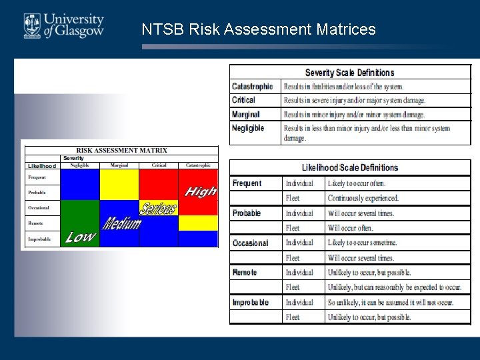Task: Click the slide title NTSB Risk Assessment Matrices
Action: click(x=259, y=30)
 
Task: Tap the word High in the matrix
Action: click(x=200, y=192)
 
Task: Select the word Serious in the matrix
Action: click(x=159, y=208)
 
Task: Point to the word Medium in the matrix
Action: click(x=121, y=223)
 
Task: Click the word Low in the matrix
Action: click(x=80, y=237)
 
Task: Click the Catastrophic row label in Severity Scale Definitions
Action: click(x=252, y=87)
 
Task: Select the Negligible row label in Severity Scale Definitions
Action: click(x=248, y=128)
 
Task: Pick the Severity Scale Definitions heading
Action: click(x=349, y=73)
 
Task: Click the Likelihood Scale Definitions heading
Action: click(x=349, y=167)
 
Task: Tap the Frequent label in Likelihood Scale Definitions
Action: click(x=247, y=183)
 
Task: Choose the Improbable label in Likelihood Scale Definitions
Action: click(x=251, y=303)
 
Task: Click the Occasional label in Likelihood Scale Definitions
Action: click(x=251, y=243)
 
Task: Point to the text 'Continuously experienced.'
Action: click(x=363, y=198)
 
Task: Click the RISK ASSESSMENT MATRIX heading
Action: click(x=122, y=151)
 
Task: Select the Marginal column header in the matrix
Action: click(x=119, y=165)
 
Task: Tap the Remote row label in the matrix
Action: click(x=35, y=223)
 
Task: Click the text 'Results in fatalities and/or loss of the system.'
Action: click(x=343, y=87)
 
